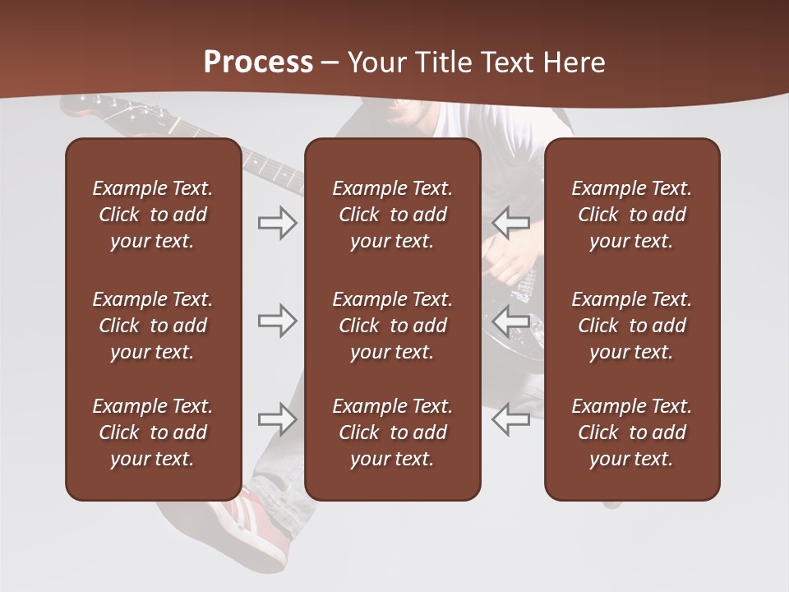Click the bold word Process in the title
pos(258,62)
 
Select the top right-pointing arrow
pos(277,223)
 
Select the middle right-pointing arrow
pos(277,321)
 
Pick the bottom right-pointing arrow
pos(277,419)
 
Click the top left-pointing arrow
pos(510,223)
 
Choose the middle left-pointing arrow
pos(510,321)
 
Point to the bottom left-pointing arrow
pos(510,419)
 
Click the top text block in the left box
pos(153,215)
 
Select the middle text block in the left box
pos(153,326)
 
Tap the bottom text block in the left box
pos(153,432)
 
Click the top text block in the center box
pos(392,215)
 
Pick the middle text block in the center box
pos(392,326)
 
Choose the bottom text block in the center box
pos(392,432)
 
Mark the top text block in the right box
pos(631,215)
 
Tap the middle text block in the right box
pos(631,326)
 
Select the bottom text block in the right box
pos(631,432)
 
